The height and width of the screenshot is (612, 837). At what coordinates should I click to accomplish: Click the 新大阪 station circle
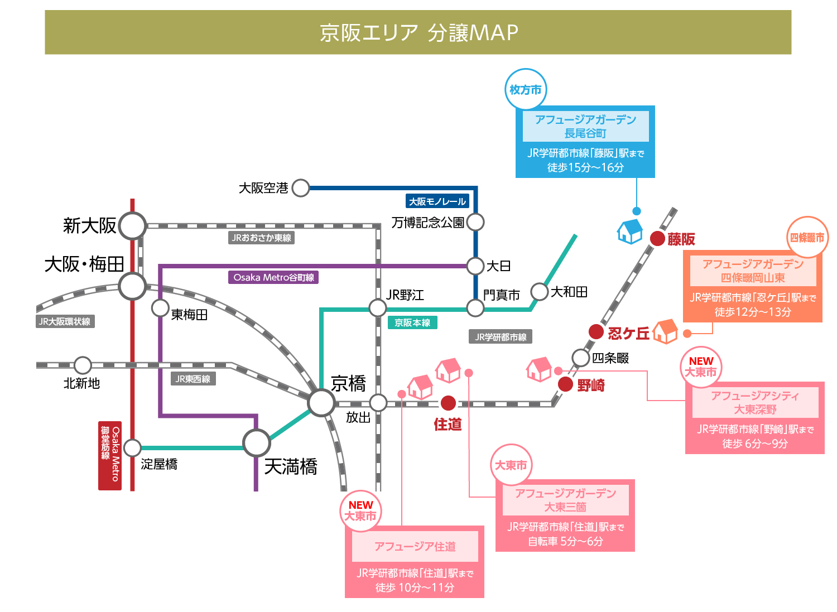132,226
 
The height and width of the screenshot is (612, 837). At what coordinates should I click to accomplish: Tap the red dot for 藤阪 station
657,239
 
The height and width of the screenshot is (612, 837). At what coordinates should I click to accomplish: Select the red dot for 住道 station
448,403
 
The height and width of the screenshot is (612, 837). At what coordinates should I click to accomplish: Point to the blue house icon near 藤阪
630,232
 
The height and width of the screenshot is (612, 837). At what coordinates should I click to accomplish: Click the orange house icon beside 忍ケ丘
666,331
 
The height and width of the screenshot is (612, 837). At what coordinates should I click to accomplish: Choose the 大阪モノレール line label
437,201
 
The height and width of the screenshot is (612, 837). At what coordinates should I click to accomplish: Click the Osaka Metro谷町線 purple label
273,278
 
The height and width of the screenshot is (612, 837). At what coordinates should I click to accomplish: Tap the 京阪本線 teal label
412,322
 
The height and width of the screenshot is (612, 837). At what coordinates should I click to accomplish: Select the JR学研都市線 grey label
501,337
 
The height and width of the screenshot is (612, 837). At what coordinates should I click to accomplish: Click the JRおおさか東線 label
261,238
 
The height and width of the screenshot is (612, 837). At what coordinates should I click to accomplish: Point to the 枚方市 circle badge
526,90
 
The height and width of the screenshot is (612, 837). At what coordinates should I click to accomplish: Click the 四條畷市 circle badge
807,237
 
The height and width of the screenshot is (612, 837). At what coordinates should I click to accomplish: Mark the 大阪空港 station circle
301,188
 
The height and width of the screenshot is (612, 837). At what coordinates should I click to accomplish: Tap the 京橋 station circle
321,403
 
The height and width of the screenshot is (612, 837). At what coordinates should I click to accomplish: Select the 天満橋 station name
291,466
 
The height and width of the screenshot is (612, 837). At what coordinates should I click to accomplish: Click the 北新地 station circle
83,365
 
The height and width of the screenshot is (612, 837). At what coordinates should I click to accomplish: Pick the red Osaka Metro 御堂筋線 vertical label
110,456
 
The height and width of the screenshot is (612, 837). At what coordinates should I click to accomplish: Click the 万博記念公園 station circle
475,222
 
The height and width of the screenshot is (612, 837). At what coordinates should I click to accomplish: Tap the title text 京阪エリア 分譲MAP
419,32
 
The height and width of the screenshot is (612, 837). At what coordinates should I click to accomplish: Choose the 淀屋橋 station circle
132,448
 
